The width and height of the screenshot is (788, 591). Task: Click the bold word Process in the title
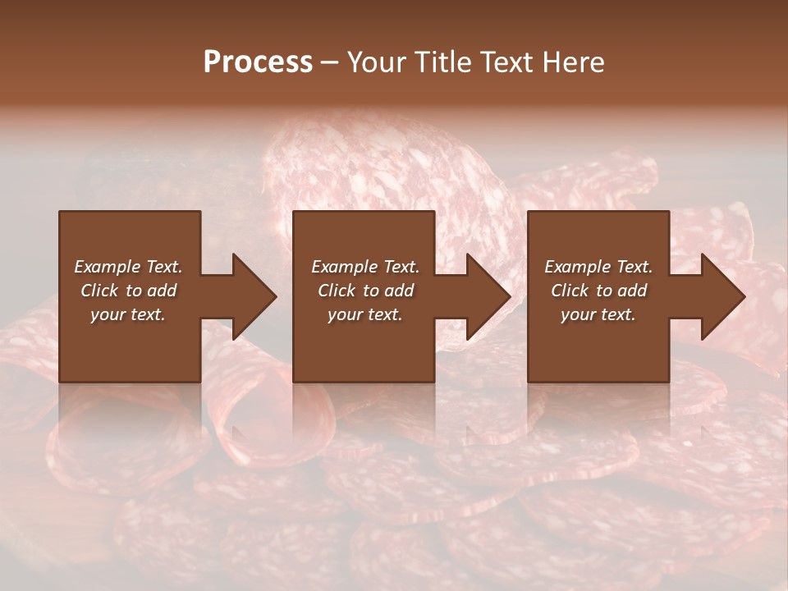258,62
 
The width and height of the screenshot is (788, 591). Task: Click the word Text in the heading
506,62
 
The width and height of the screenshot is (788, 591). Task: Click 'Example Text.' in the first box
128,267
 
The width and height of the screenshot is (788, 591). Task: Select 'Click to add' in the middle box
365,291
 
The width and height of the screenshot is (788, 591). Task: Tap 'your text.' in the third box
598,314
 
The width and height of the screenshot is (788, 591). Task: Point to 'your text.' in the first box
128,314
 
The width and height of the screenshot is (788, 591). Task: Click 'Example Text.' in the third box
598,267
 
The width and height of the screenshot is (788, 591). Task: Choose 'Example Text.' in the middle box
365,267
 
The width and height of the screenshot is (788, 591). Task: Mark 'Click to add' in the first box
128,291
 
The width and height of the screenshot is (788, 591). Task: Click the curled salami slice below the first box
246,419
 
